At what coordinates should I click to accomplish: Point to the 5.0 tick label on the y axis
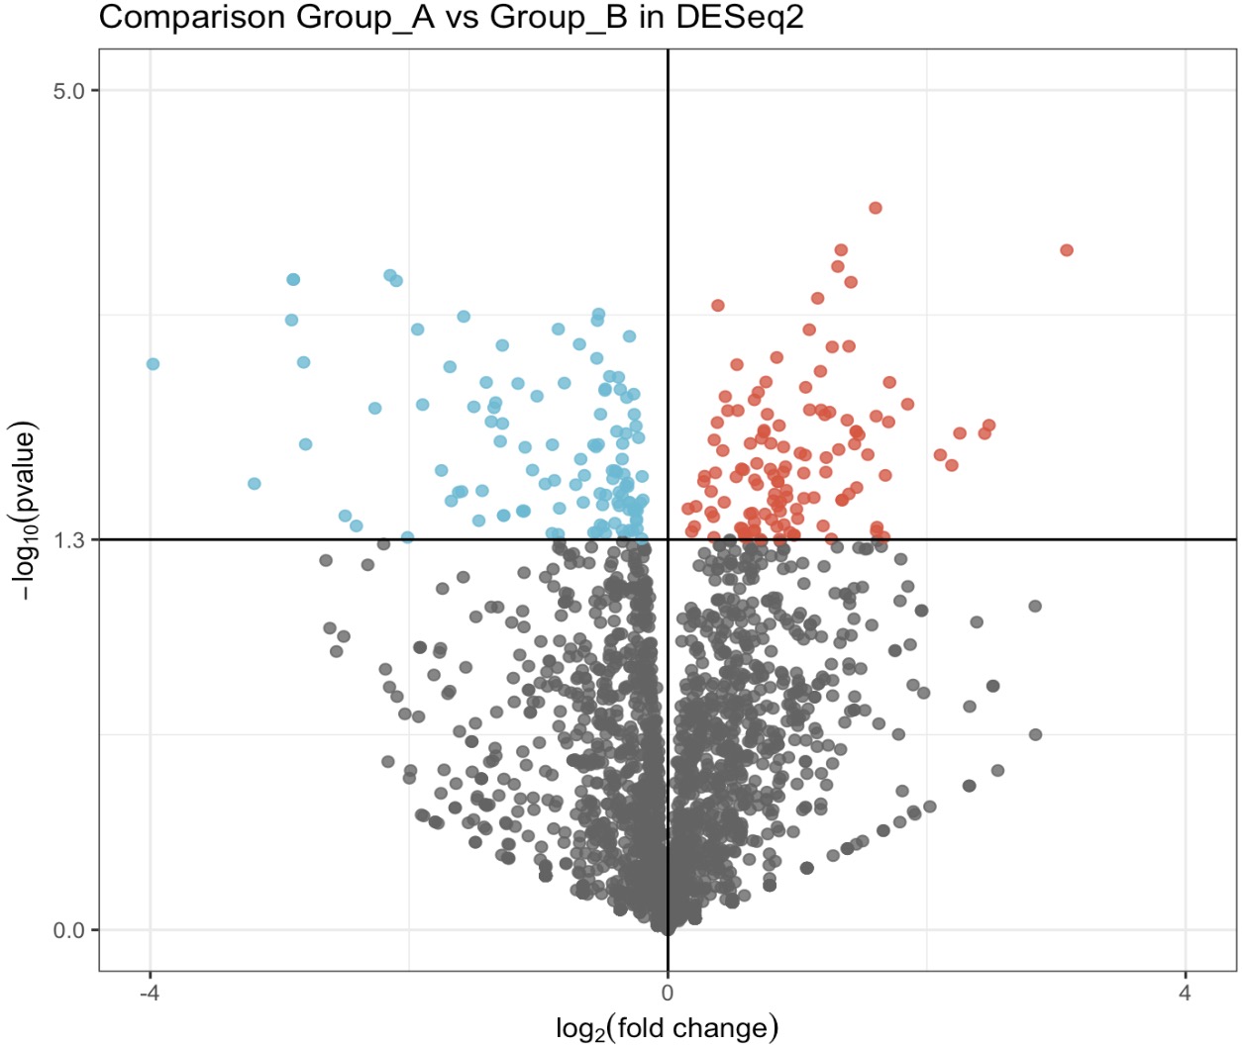[x=69, y=91]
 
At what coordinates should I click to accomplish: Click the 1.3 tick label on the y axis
[x=69, y=540]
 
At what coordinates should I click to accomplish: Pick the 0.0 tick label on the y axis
[x=69, y=930]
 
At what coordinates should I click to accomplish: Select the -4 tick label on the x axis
[x=150, y=993]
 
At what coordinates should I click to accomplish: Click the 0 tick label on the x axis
[x=668, y=993]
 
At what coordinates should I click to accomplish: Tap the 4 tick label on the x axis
[x=1186, y=993]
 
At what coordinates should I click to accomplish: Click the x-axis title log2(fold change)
[x=667, y=1028]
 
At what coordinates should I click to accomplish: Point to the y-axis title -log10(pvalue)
[x=24, y=511]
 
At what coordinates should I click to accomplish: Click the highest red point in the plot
[x=876, y=208]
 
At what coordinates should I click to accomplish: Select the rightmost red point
[x=1067, y=250]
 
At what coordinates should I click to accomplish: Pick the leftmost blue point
[x=153, y=364]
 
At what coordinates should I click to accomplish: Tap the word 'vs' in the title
[x=462, y=17]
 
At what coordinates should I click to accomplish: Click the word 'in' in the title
[x=651, y=17]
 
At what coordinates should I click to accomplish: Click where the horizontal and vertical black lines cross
[x=668, y=539]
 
